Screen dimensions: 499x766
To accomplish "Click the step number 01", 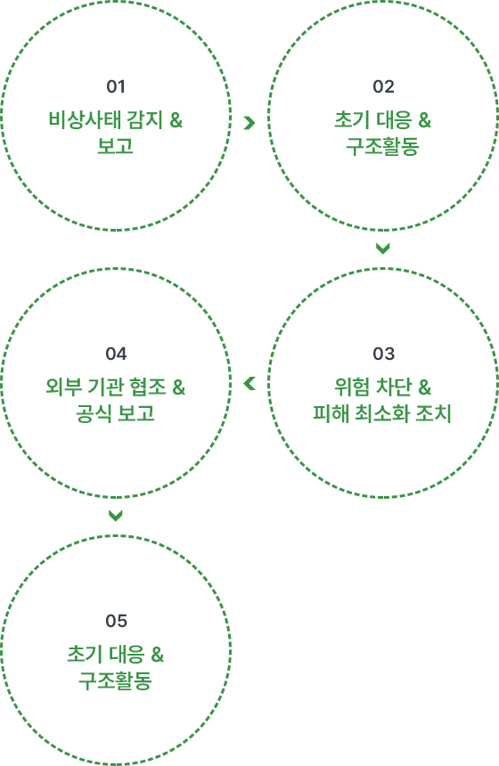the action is pos(116,87).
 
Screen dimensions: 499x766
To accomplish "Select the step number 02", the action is pos(383,87).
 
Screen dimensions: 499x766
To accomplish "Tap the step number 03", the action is pos(383,354).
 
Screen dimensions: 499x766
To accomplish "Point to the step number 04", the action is pos(116,354).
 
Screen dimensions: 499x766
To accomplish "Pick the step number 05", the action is pos(116,621).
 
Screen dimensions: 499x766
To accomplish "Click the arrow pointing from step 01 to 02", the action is pos(250,123).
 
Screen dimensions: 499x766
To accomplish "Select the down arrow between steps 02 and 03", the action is pos(382,249).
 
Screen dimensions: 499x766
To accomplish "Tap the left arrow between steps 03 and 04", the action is pos(250,384).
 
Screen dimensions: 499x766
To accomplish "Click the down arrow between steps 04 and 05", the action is pos(115,516).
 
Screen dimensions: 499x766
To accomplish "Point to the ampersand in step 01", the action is pos(176,120).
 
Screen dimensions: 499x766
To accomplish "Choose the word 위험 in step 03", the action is pos(352,387).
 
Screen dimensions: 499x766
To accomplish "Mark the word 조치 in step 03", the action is pos(434,414).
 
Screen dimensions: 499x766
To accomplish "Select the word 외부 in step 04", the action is pos(63,387).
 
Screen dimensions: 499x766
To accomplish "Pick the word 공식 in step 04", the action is pos(93,414).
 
